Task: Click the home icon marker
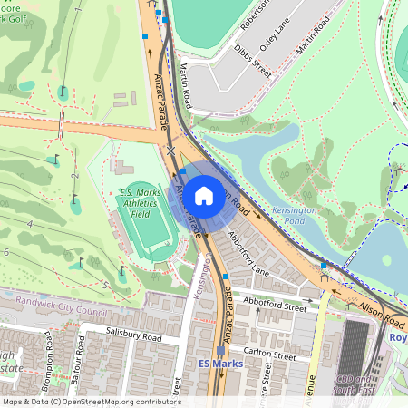pyautogui.click(x=204, y=195)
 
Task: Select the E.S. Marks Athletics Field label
pyautogui.click(x=141, y=199)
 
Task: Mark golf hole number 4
pyautogui.click(x=30, y=223)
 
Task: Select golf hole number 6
pyautogui.click(x=6, y=252)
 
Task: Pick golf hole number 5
pyautogui.click(x=104, y=285)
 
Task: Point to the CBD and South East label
pyautogui.click(x=352, y=384)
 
